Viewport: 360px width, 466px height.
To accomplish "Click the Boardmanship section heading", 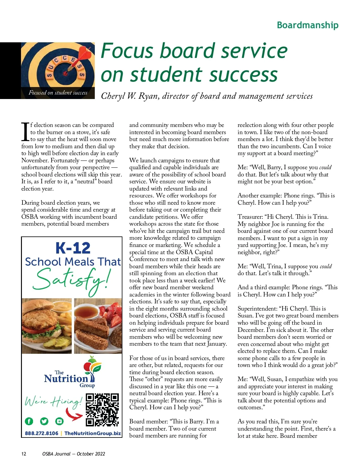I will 307,25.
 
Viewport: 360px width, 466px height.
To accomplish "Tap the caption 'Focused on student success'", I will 58,93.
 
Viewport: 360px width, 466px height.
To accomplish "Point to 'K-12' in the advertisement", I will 73,248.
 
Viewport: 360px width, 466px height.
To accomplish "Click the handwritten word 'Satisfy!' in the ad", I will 72,279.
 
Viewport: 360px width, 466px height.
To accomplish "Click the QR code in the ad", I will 102,410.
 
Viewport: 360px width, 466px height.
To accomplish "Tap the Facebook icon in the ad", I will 29,421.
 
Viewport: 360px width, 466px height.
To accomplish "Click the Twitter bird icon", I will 44,421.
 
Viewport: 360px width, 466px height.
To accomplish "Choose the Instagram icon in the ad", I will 59,421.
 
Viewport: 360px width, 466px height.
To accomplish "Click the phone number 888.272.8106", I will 41,433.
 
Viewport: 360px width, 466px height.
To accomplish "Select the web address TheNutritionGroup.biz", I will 92,433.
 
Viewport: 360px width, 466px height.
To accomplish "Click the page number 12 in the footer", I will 24,454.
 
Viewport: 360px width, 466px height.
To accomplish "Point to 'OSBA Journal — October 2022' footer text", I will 73,454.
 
